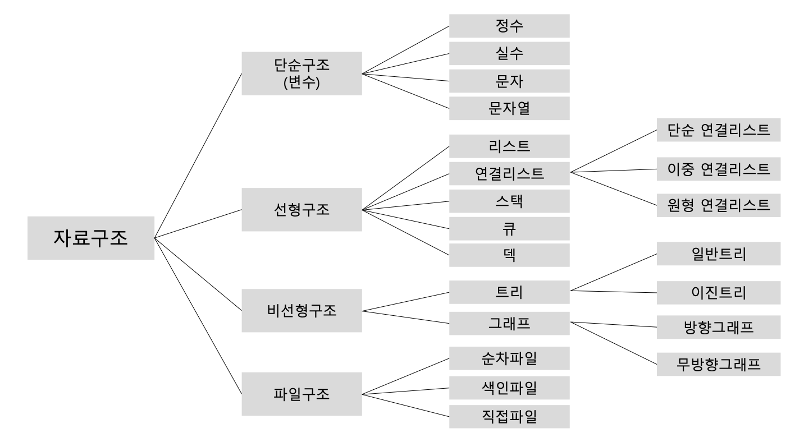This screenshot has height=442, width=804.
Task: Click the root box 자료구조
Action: coord(90,238)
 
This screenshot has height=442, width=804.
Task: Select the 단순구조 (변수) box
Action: coord(301,73)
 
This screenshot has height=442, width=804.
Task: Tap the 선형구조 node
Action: coord(301,210)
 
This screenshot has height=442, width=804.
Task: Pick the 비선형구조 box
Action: coord(301,310)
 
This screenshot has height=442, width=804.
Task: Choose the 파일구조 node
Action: coord(301,394)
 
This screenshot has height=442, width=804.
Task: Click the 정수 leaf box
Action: coord(509,26)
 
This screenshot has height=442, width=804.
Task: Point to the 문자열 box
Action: coord(509,108)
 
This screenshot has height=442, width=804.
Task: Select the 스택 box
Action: coord(509,201)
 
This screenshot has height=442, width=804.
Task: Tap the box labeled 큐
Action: coord(509,228)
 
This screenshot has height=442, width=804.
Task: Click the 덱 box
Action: coord(509,255)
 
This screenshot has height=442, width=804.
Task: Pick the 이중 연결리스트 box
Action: coord(718,168)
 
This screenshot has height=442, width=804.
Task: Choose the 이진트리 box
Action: coord(718,292)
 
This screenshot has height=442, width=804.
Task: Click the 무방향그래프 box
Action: coord(718,364)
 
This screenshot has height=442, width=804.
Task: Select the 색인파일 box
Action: coord(509,388)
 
